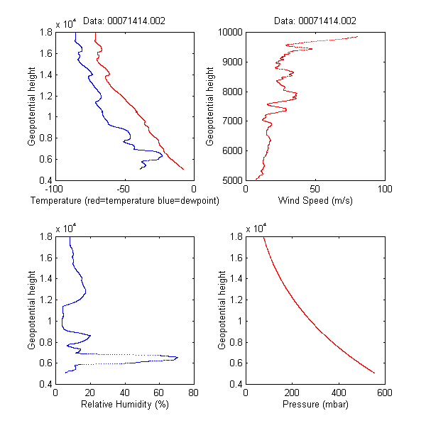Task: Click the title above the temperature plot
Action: point(124,21)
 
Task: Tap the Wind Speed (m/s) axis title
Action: point(315,201)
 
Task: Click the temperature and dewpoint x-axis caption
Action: point(124,201)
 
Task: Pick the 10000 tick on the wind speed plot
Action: point(231,32)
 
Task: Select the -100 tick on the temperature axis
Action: point(54,189)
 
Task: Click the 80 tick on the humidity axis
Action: point(194,393)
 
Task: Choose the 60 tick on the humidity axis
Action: point(159,393)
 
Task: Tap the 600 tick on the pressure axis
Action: point(384,393)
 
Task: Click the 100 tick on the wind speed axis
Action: point(384,189)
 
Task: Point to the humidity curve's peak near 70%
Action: point(177,357)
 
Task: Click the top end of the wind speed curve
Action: point(357,36)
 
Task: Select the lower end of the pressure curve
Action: point(373,371)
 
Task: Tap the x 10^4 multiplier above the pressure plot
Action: point(256,229)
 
